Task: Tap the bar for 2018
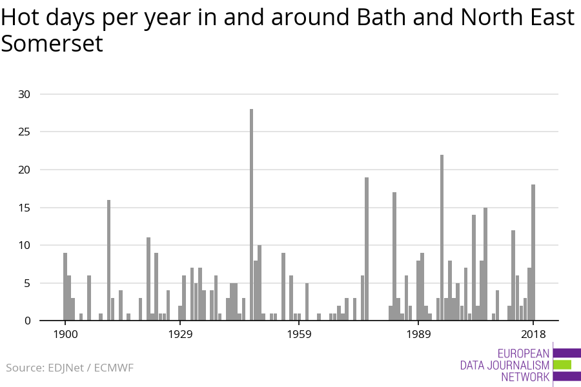click(533, 252)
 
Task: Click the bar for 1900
click(65, 286)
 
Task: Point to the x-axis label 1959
click(300, 334)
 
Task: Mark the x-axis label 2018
click(533, 334)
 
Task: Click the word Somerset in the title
click(52, 44)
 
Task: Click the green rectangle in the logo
click(562, 364)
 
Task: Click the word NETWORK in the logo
click(525, 377)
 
